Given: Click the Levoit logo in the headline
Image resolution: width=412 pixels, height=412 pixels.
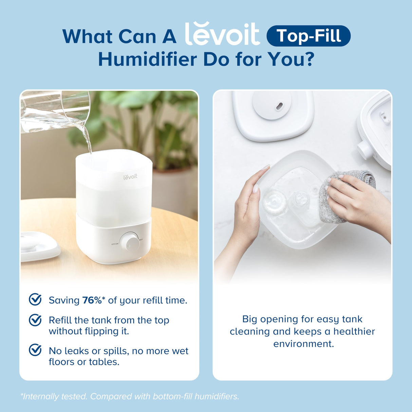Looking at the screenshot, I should pyautogui.click(x=222, y=35).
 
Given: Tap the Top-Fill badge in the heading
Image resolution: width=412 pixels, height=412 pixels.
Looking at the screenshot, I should pyautogui.click(x=308, y=36).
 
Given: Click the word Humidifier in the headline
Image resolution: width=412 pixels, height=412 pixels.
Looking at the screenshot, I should pyautogui.click(x=147, y=59).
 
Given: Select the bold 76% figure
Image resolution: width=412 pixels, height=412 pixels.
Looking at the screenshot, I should pyautogui.click(x=92, y=300).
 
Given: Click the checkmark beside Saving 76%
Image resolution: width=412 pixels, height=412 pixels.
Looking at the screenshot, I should pyautogui.click(x=35, y=300).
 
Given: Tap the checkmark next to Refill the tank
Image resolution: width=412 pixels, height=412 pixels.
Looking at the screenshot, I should pyautogui.click(x=35, y=320).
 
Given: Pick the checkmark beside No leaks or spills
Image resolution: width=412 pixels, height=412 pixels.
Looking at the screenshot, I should pyautogui.click(x=35, y=350).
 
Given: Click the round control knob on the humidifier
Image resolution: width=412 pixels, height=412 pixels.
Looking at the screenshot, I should pyautogui.click(x=129, y=242).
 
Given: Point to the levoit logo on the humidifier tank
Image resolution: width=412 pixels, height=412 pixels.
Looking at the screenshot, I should pyautogui.click(x=130, y=177).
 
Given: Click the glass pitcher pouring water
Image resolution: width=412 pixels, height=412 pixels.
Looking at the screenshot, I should pyautogui.click(x=54, y=112).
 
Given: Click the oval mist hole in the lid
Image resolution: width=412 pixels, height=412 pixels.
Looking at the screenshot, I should pyautogui.click(x=279, y=107).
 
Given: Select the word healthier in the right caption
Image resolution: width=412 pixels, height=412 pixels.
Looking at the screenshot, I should pyautogui.click(x=354, y=332).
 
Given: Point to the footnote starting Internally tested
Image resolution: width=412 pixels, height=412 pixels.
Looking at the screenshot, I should pyautogui.click(x=130, y=396).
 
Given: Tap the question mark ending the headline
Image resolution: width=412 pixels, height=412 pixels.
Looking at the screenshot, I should pyautogui.click(x=308, y=59).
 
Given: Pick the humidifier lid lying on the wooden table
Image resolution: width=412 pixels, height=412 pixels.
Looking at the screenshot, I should pyautogui.click(x=39, y=246).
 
